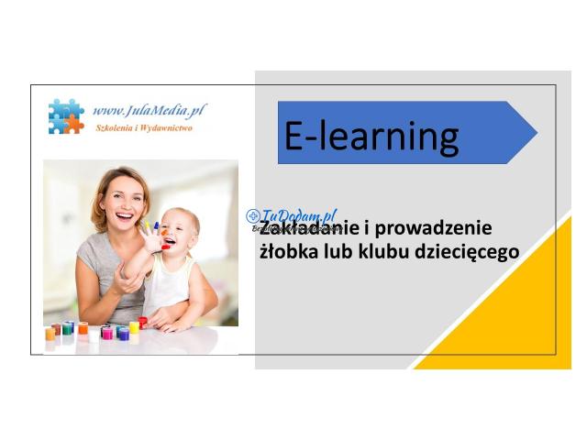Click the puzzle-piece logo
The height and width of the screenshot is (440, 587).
point(66,115)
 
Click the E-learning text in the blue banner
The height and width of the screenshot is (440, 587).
point(371,136)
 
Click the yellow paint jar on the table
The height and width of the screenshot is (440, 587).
point(134,327)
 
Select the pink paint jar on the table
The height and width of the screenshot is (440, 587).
point(107,333)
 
